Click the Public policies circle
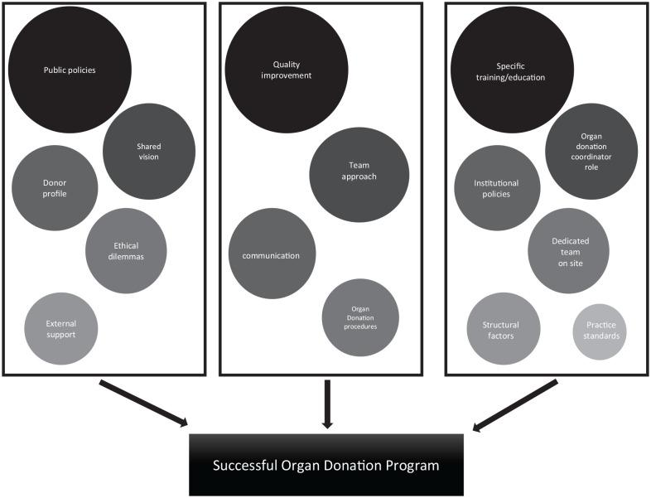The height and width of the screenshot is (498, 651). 70,70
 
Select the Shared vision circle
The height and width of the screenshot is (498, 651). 149,152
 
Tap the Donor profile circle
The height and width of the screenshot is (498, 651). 55,188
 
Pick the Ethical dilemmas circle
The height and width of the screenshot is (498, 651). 126,250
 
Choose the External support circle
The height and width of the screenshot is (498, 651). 61,329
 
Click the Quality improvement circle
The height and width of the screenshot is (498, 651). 286,70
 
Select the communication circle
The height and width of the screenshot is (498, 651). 271,254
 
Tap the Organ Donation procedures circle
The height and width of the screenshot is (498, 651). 360,317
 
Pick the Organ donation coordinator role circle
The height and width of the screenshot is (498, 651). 591,152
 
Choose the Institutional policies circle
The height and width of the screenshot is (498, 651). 497,188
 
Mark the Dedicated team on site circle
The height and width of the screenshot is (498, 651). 569,250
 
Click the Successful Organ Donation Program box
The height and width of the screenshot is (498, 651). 326,464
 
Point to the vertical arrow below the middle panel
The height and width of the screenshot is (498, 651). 327,404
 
